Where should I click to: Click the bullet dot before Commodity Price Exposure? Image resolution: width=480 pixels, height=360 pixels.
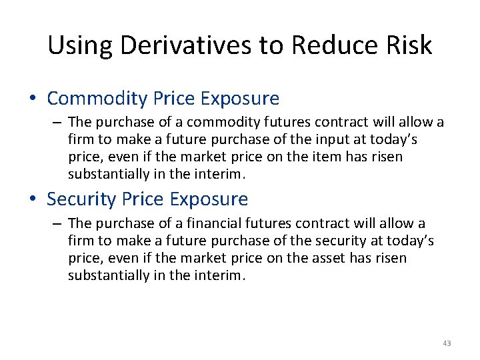point(33,99)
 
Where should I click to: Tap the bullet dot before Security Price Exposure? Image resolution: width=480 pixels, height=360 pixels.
point(33,199)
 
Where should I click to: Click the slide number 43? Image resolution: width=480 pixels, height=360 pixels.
point(447,343)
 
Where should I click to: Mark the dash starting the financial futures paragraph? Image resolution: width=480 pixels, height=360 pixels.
point(58,223)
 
